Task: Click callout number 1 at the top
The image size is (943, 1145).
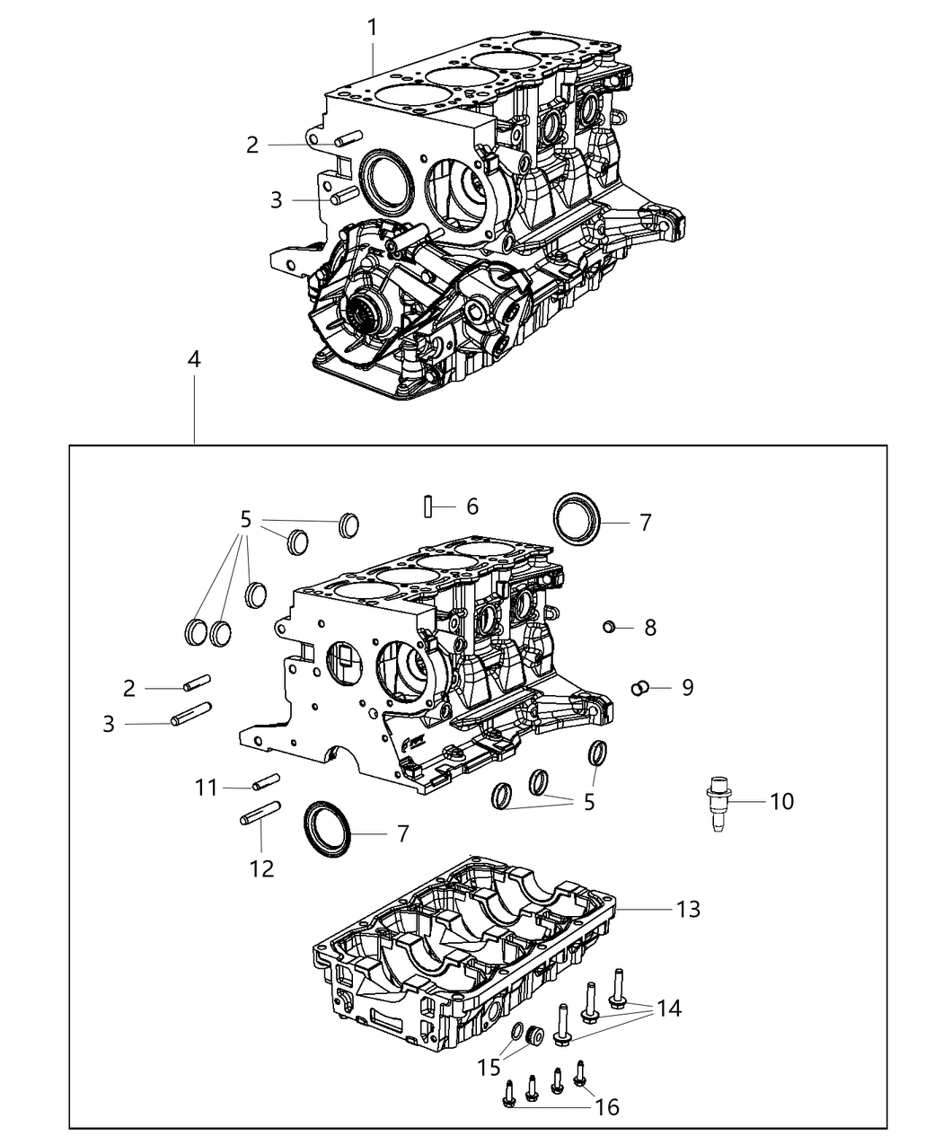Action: point(372,28)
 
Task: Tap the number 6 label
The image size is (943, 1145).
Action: point(472,506)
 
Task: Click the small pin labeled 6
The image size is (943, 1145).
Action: point(429,506)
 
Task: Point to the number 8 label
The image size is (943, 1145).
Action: point(650,628)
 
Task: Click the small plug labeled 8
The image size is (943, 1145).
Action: point(609,626)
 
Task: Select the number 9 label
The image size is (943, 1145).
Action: point(687,688)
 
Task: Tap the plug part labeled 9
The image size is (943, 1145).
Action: point(641,688)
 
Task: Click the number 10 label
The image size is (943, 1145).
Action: point(781,800)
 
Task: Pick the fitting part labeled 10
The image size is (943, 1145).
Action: point(718,802)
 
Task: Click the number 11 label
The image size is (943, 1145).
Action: point(207,788)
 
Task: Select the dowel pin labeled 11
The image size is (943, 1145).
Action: point(268,782)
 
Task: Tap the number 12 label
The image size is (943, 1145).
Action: point(262,868)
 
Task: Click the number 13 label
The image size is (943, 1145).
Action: point(688,909)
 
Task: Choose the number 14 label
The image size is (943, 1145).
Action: point(668,1008)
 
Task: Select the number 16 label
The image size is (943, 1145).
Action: point(607,1106)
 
